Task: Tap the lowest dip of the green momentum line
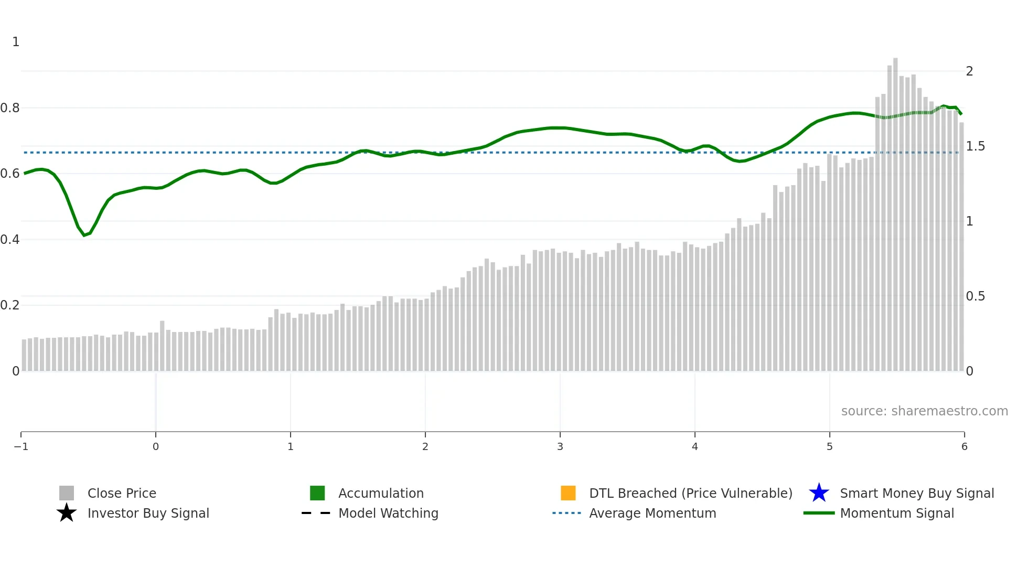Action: tap(84, 235)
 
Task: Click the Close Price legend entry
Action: tap(121, 493)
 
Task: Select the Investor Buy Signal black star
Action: tap(67, 513)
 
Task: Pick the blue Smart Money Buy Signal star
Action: tap(819, 493)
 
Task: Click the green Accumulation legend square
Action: tap(317, 493)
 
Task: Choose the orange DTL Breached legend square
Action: tap(568, 493)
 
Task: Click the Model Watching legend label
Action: tap(388, 513)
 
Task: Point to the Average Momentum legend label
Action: tap(652, 513)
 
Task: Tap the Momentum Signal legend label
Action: tap(897, 513)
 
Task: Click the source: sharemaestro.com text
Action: tap(924, 411)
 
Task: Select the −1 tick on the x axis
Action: tap(21, 446)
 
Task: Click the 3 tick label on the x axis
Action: tap(560, 446)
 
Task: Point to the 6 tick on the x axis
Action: tap(964, 446)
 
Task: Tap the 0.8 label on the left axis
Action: tap(10, 108)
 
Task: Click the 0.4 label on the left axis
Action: tap(10, 240)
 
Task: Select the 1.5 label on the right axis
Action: tap(975, 146)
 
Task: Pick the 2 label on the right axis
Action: tap(969, 71)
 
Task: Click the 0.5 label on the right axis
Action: tap(975, 296)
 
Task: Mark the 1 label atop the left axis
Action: tap(16, 42)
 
